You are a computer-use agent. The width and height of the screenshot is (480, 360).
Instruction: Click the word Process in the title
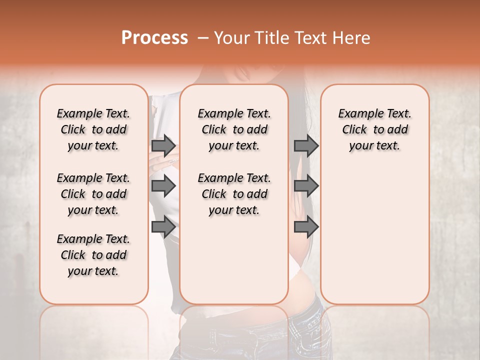click(154, 38)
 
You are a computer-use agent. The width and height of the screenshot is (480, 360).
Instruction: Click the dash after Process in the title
click(202, 38)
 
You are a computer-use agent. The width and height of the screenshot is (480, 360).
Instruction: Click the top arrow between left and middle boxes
click(163, 145)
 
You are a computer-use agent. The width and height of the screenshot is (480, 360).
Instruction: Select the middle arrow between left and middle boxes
click(163, 186)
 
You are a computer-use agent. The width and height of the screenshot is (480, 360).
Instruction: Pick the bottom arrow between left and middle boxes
click(163, 227)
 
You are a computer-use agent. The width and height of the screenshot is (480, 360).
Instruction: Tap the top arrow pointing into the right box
click(306, 145)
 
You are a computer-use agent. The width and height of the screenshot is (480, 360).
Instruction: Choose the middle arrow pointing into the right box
click(306, 186)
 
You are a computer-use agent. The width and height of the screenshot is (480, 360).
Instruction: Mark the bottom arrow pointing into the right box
click(306, 227)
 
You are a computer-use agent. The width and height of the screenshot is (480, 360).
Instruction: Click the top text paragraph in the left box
click(93, 129)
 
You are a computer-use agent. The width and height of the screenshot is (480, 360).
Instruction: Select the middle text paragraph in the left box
click(93, 194)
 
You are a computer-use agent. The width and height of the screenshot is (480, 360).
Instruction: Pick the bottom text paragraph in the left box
click(93, 255)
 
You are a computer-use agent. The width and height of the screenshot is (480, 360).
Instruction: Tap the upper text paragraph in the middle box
click(234, 129)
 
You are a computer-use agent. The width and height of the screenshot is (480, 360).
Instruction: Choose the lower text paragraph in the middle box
click(234, 194)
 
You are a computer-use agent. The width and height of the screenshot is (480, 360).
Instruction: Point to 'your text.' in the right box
click(374, 146)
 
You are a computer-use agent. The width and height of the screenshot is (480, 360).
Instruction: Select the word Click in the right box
click(354, 130)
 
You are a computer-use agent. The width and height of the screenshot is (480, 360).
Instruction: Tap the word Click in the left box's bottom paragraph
click(73, 255)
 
